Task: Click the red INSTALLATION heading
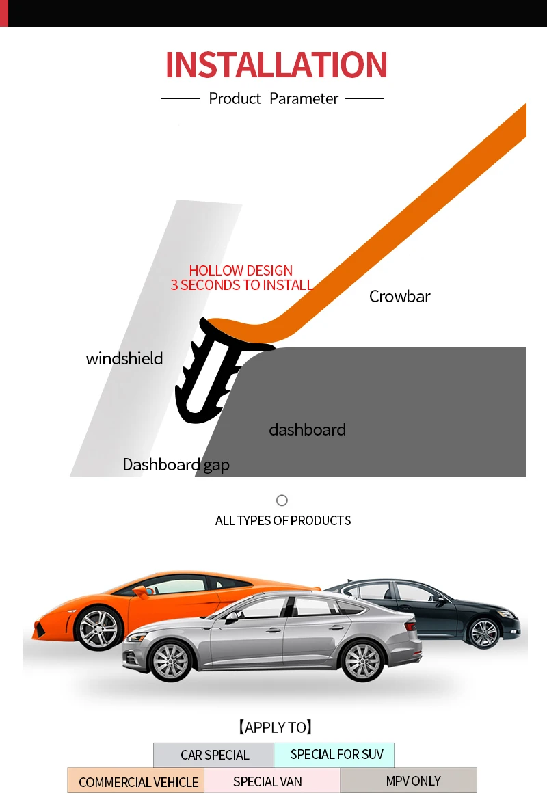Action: [276, 65]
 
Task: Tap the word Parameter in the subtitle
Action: [304, 98]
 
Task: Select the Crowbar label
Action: [399, 296]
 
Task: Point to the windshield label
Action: [124, 358]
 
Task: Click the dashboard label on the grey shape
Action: [307, 429]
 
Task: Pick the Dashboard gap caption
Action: [176, 465]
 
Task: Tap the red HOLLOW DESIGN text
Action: [241, 271]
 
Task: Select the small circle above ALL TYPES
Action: [282, 500]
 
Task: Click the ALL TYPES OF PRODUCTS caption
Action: [282, 520]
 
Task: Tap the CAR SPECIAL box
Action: [214, 755]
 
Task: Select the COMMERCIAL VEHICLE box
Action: [137, 781]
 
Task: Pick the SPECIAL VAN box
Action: [267, 781]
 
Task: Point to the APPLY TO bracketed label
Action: [274, 727]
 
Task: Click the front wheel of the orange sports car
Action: [98, 628]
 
